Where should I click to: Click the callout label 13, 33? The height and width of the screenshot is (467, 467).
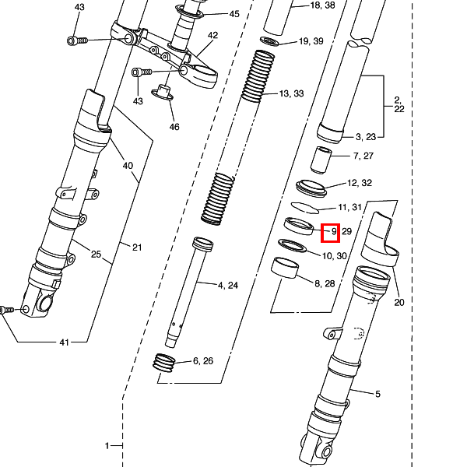point(292,94)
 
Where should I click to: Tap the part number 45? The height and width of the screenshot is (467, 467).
point(234,14)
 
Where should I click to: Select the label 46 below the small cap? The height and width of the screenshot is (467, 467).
point(174,127)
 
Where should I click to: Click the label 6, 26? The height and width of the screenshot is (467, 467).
point(203,360)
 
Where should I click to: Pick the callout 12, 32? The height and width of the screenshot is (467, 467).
point(360,183)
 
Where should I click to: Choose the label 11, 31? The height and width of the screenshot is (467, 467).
point(351,207)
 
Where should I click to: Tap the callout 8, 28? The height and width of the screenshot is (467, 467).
point(324,283)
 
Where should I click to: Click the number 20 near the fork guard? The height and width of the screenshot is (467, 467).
point(400,303)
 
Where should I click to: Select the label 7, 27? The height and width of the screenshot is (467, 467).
point(363,156)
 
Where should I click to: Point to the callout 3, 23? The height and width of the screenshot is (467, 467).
point(365,137)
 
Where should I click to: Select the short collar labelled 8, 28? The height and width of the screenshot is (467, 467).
point(286,269)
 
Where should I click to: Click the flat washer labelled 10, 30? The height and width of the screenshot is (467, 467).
point(292,247)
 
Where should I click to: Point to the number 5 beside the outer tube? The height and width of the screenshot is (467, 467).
point(377,394)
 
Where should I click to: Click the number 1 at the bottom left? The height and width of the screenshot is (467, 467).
point(107,446)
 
